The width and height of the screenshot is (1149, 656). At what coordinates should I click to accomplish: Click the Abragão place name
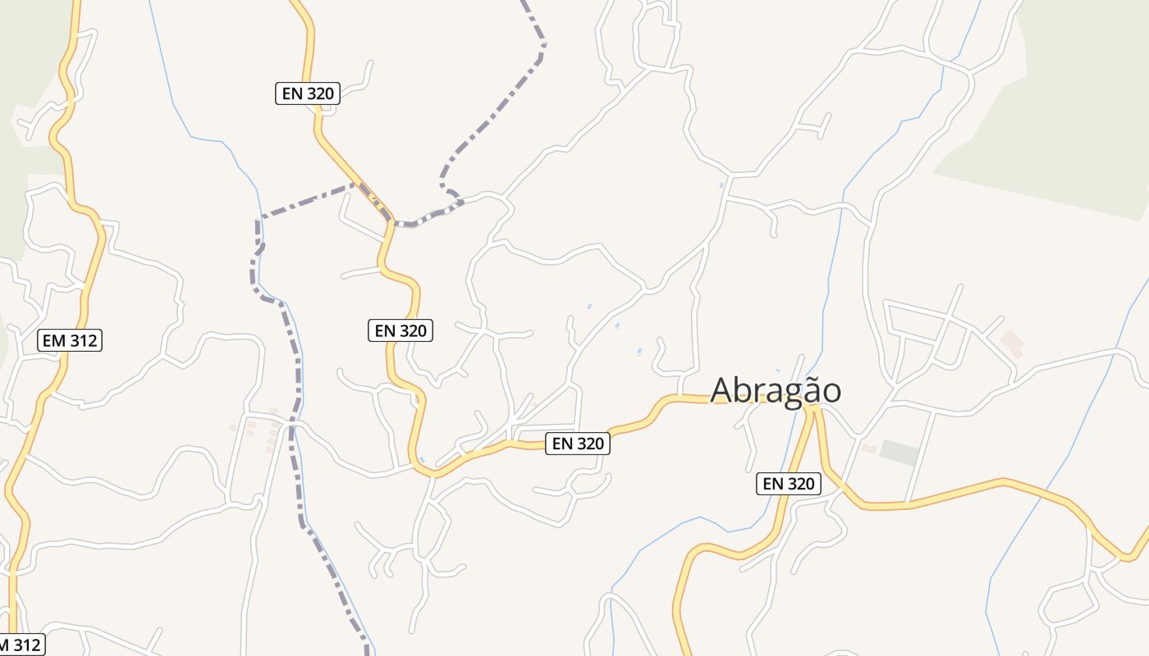pos(776,390)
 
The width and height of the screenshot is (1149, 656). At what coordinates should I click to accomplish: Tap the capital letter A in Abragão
pos(721,390)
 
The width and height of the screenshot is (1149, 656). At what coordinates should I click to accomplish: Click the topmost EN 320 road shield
pos(308,93)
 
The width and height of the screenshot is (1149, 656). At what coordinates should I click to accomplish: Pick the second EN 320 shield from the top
pos(400,330)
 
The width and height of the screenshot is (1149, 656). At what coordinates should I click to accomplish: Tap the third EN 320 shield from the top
pos(578,444)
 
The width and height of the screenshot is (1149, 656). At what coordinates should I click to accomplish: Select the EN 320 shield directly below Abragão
pos(788,484)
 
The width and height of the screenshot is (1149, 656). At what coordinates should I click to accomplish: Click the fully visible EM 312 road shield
pos(70,340)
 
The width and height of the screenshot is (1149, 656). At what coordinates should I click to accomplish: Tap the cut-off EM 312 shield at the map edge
pos(21,645)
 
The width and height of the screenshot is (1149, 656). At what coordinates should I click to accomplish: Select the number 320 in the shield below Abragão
pos(799,484)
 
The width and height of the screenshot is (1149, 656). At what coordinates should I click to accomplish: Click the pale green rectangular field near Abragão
pos(900,453)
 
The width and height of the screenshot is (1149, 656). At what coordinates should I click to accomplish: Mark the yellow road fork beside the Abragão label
pos(813,408)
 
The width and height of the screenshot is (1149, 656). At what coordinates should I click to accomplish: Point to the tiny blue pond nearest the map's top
pos(721,185)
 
